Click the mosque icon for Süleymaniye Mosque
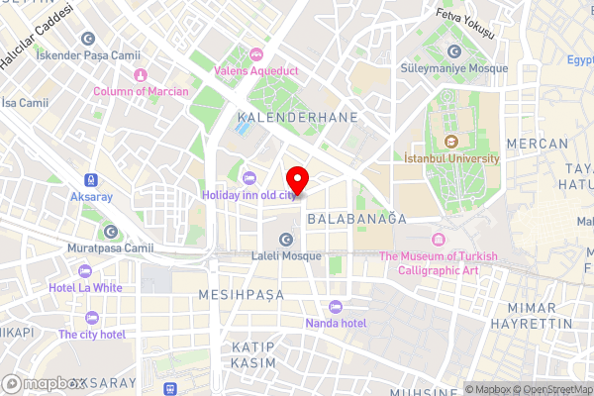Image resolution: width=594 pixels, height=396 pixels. tap(454, 51)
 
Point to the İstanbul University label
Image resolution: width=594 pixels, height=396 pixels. tap(452, 157)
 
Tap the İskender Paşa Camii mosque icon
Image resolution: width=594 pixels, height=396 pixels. tap(88, 39)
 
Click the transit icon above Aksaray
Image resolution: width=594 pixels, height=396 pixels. tap(90, 180)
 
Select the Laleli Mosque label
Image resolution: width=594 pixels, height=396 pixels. tap(285, 256)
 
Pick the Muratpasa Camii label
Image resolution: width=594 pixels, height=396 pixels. tap(110, 248)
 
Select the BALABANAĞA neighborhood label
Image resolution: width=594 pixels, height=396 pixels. tap(356, 217)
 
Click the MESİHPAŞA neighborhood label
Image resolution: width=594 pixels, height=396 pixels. tap(242, 295)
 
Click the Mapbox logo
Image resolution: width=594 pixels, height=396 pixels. tap(44, 383)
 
